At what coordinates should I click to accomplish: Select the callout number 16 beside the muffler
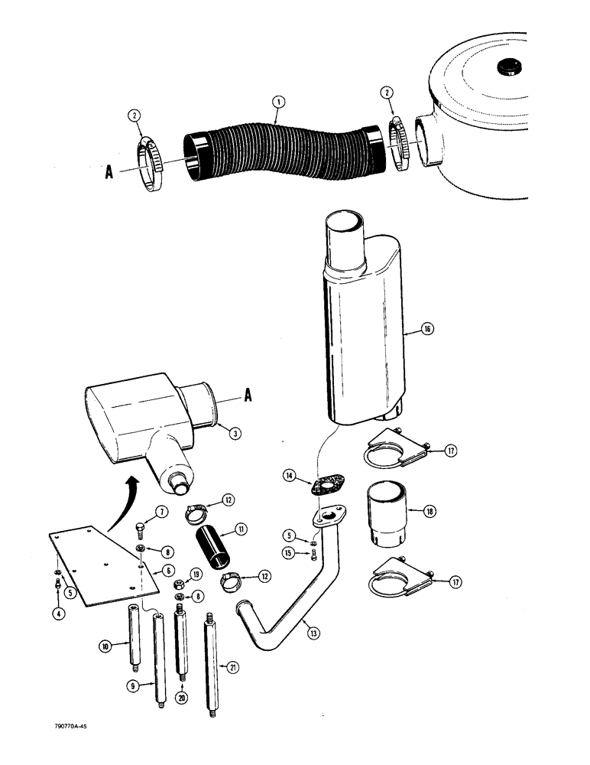click(427, 329)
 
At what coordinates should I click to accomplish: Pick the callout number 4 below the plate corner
click(58, 612)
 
